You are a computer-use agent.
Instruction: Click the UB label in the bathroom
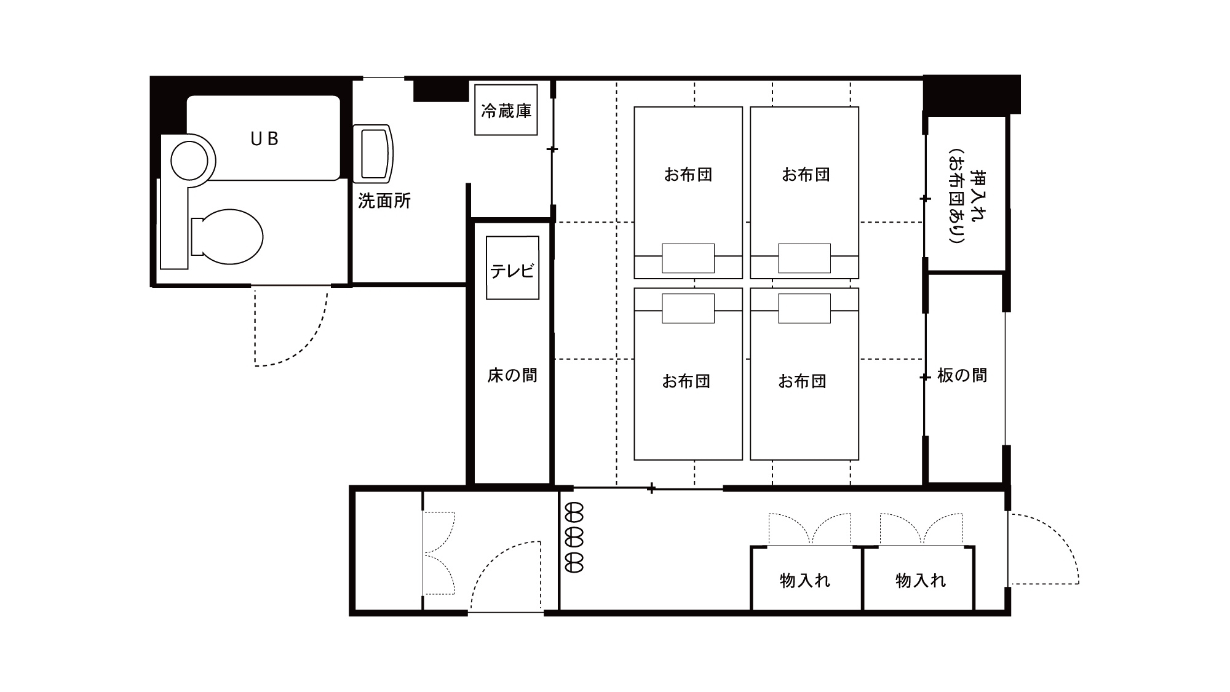pos(264,139)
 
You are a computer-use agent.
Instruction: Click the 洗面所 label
pos(384,201)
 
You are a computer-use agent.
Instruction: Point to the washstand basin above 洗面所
pos(373,153)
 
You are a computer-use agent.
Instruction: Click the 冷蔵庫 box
pos(506,111)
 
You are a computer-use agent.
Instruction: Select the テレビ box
pos(512,269)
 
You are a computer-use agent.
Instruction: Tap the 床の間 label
pos(512,375)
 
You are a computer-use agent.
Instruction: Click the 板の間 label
pos(962,375)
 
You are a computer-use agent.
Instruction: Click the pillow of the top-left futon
pos(688,258)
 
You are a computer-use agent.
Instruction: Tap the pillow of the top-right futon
pos(804,258)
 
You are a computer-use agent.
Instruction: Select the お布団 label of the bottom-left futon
pos(686,381)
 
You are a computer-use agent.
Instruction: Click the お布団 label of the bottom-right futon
pos(803,381)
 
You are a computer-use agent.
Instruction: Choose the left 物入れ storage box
pos(805,579)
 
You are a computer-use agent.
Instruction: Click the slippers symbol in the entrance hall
pos(574,538)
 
